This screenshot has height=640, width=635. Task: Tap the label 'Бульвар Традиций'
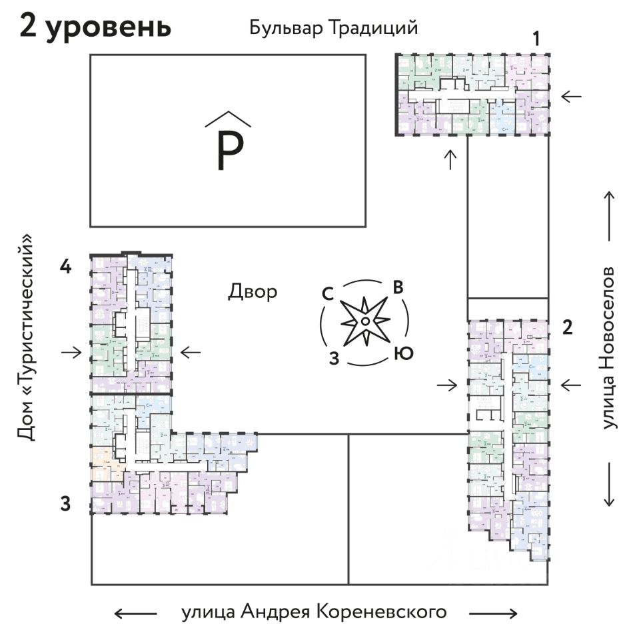[333, 29]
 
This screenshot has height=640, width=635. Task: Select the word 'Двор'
[253, 291]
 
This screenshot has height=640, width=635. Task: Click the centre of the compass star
[365, 322]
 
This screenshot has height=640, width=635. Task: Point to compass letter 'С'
[328, 294]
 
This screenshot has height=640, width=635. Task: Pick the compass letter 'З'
[335, 358]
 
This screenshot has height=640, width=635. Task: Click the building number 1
[536, 39]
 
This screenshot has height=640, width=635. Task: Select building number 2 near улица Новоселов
[567, 327]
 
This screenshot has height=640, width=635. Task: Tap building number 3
[65, 504]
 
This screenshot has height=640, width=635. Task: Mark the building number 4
[65, 267]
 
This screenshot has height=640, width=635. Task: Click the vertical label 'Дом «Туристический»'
[26, 337]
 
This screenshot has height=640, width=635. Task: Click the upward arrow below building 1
[451, 159]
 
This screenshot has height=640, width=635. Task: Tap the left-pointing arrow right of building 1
[571, 97]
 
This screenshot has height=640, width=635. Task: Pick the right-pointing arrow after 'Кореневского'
[493, 613]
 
